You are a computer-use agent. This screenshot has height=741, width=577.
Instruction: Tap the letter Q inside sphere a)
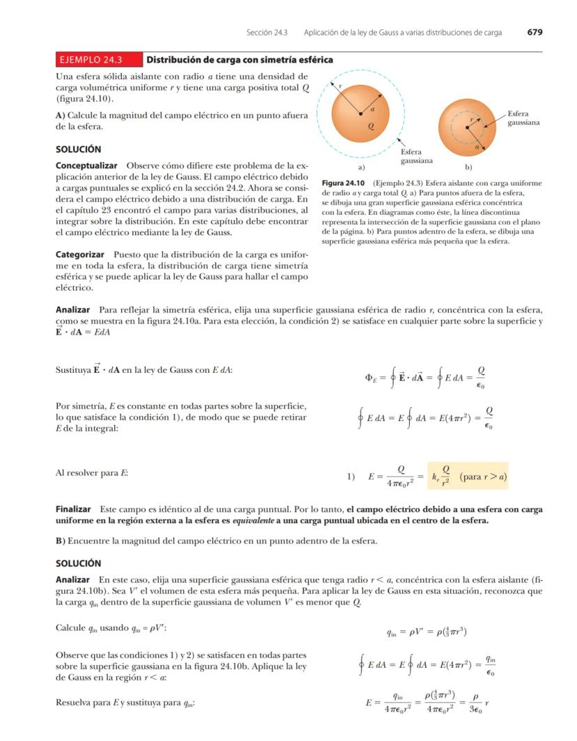pos(371,127)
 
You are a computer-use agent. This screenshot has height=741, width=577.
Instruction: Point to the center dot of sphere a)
pos(360,112)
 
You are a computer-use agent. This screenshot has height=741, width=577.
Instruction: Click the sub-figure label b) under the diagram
pos(468,167)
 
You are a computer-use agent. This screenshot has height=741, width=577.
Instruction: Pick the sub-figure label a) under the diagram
pos(361,167)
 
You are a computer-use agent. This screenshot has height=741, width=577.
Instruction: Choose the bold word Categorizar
pos(80,255)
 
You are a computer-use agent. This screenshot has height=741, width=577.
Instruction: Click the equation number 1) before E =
pos(352,478)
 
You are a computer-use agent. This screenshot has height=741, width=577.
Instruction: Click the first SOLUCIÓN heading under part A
pos(78,149)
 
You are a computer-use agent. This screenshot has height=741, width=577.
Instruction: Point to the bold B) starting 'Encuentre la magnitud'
pos(61,541)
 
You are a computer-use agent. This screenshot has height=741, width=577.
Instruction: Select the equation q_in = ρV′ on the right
pos(426,632)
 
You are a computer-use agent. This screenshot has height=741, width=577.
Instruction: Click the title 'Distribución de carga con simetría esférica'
pos(239,60)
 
